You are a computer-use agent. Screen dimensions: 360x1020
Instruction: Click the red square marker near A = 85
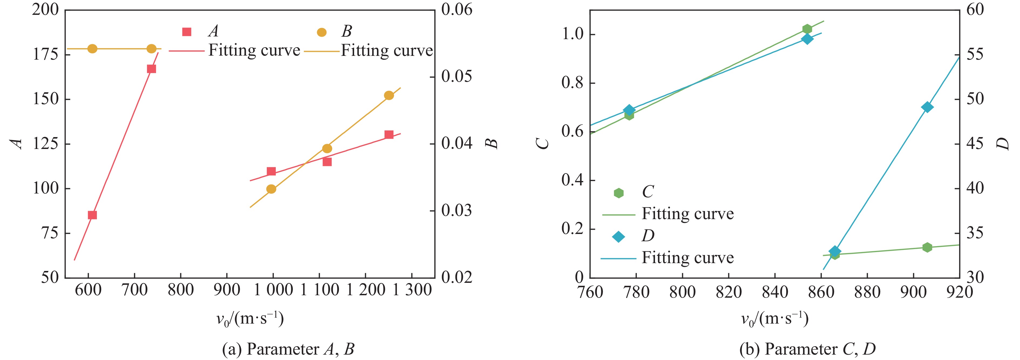click(92, 215)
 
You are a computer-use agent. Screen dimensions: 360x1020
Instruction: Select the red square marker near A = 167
click(151, 69)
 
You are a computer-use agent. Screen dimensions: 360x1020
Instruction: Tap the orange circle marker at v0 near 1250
click(389, 96)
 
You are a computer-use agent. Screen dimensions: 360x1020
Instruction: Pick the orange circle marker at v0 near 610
click(92, 49)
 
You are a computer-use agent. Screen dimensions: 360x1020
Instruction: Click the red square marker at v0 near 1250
click(389, 135)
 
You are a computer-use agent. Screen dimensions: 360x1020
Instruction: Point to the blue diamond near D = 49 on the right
click(927, 107)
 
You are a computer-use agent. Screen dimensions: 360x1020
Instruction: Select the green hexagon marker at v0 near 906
click(927, 247)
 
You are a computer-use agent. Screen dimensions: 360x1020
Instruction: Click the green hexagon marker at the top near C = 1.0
click(807, 29)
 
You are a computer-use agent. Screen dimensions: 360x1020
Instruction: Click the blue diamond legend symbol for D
click(618, 237)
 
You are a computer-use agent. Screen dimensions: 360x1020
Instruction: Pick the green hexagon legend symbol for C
click(618, 193)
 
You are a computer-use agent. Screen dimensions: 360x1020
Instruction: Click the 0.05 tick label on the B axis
click(457, 76)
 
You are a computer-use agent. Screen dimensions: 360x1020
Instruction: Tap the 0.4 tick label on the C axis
click(573, 180)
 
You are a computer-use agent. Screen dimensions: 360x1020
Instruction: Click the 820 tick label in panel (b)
click(729, 292)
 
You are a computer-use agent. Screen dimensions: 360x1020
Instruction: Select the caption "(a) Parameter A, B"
click(288, 349)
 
